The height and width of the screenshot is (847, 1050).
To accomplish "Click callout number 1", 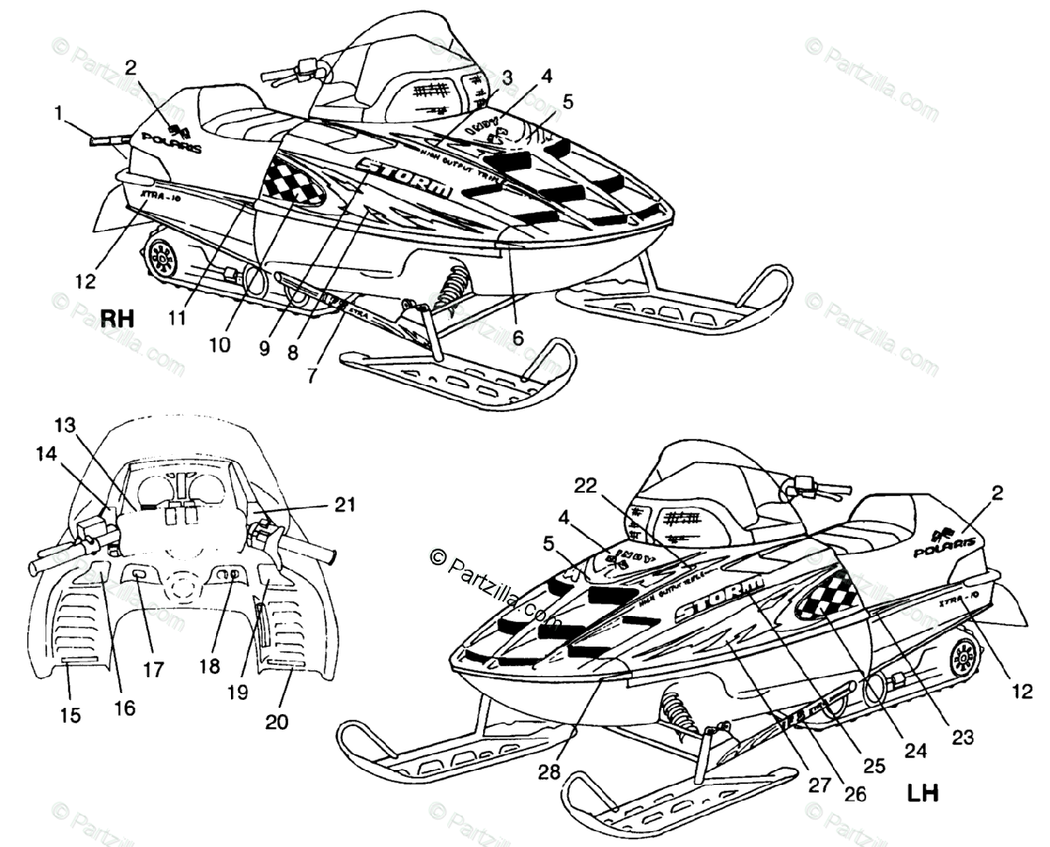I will (x=59, y=113).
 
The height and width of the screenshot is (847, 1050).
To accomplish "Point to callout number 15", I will (x=71, y=715).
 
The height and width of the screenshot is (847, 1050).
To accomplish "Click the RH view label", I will (x=116, y=317).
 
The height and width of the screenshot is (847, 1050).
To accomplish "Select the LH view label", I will (x=922, y=794).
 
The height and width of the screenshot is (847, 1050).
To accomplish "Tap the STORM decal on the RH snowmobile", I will (x=405, y=176).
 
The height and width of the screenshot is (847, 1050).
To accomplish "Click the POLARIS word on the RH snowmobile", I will (x=171, y=144).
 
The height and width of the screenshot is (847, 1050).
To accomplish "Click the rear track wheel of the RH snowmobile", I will (x=161, y=256).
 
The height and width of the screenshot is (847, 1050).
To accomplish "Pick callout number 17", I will (x=155, y=669).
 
